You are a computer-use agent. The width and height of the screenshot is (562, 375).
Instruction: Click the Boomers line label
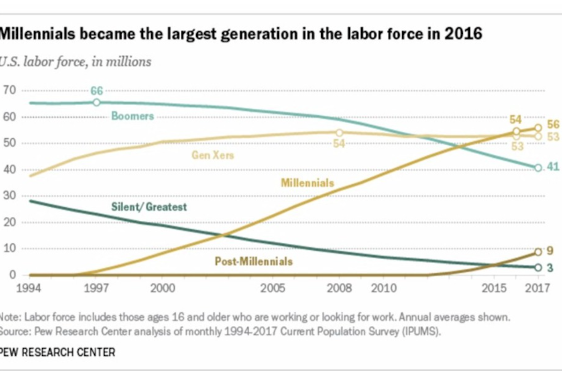[x=132, y=115]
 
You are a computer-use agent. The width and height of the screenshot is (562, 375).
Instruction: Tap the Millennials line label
[x=307, y=182]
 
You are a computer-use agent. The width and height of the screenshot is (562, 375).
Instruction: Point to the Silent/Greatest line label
[x=149, y=206]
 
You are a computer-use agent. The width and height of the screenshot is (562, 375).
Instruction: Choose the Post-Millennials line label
[x=253, y=261]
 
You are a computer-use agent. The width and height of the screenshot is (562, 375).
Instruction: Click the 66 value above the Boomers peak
[x=96, y=91]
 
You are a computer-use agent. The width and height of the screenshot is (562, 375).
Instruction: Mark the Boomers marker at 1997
[x=96, y=102]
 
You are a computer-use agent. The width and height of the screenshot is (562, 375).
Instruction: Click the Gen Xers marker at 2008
[x=340, y=133]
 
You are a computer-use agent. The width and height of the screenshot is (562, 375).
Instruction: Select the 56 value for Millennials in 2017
[x=553, y=124]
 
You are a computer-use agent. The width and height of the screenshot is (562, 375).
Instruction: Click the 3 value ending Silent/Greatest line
[x=550, y=267]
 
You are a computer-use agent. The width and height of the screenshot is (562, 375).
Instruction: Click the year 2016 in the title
[x=464, y=34]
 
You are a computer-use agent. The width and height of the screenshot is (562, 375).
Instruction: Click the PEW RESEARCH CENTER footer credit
[x=57, y=352]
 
